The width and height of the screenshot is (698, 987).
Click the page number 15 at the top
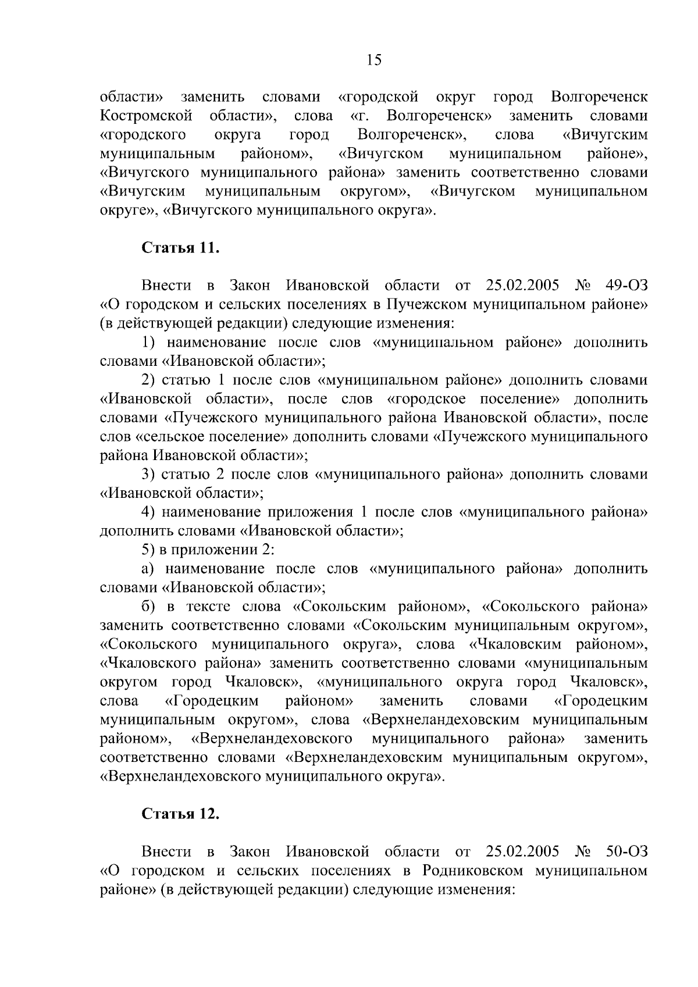click(374, 60)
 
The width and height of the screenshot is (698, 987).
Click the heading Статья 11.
click(181, 248)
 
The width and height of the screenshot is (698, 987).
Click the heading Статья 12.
click(181, 814)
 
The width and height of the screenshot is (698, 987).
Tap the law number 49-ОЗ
click(626, 286)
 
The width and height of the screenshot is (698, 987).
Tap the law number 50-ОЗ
click(626, 851)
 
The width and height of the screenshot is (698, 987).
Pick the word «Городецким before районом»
click(212, 701)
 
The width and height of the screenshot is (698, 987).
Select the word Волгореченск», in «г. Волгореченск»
click(440, 116)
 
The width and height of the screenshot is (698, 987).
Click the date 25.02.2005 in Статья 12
click(521, 851)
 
